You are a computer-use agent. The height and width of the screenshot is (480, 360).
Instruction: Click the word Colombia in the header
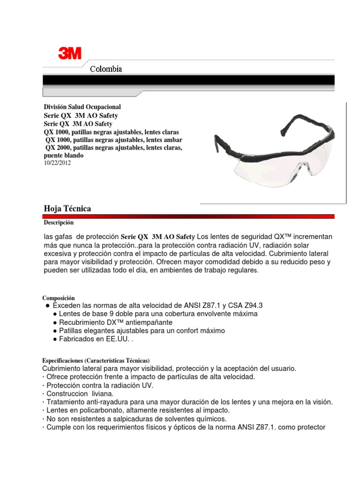click(x=106, y=69)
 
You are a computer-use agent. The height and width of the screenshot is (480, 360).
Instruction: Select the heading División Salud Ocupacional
click(x=82, y=107)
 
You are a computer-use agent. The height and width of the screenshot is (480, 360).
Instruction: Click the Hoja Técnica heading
click(x=67, y=209)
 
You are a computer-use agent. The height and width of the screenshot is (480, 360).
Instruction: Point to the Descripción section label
click(x=59, y=223)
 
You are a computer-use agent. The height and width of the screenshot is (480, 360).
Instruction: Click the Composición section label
click(x=59, y=298)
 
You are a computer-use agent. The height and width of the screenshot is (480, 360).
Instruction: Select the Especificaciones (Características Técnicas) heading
click(x=96, y=360)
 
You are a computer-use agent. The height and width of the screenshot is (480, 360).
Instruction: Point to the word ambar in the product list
click(x=173, y=140)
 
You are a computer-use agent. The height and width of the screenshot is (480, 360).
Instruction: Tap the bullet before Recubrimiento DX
click(x=55, y=323)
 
